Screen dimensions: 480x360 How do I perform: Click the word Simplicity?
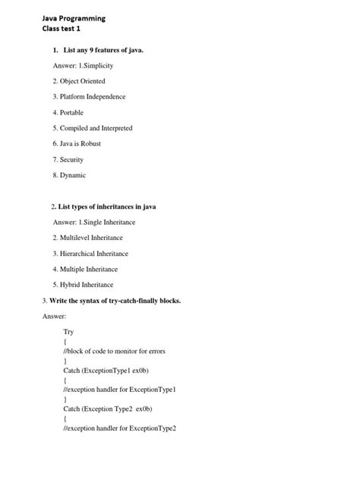(98, 65)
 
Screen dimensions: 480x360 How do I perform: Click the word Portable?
(72, 112)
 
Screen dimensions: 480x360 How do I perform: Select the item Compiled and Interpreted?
(92, 128)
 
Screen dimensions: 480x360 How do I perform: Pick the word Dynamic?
(73, 175)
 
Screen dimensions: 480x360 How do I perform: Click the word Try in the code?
(69, 332)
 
